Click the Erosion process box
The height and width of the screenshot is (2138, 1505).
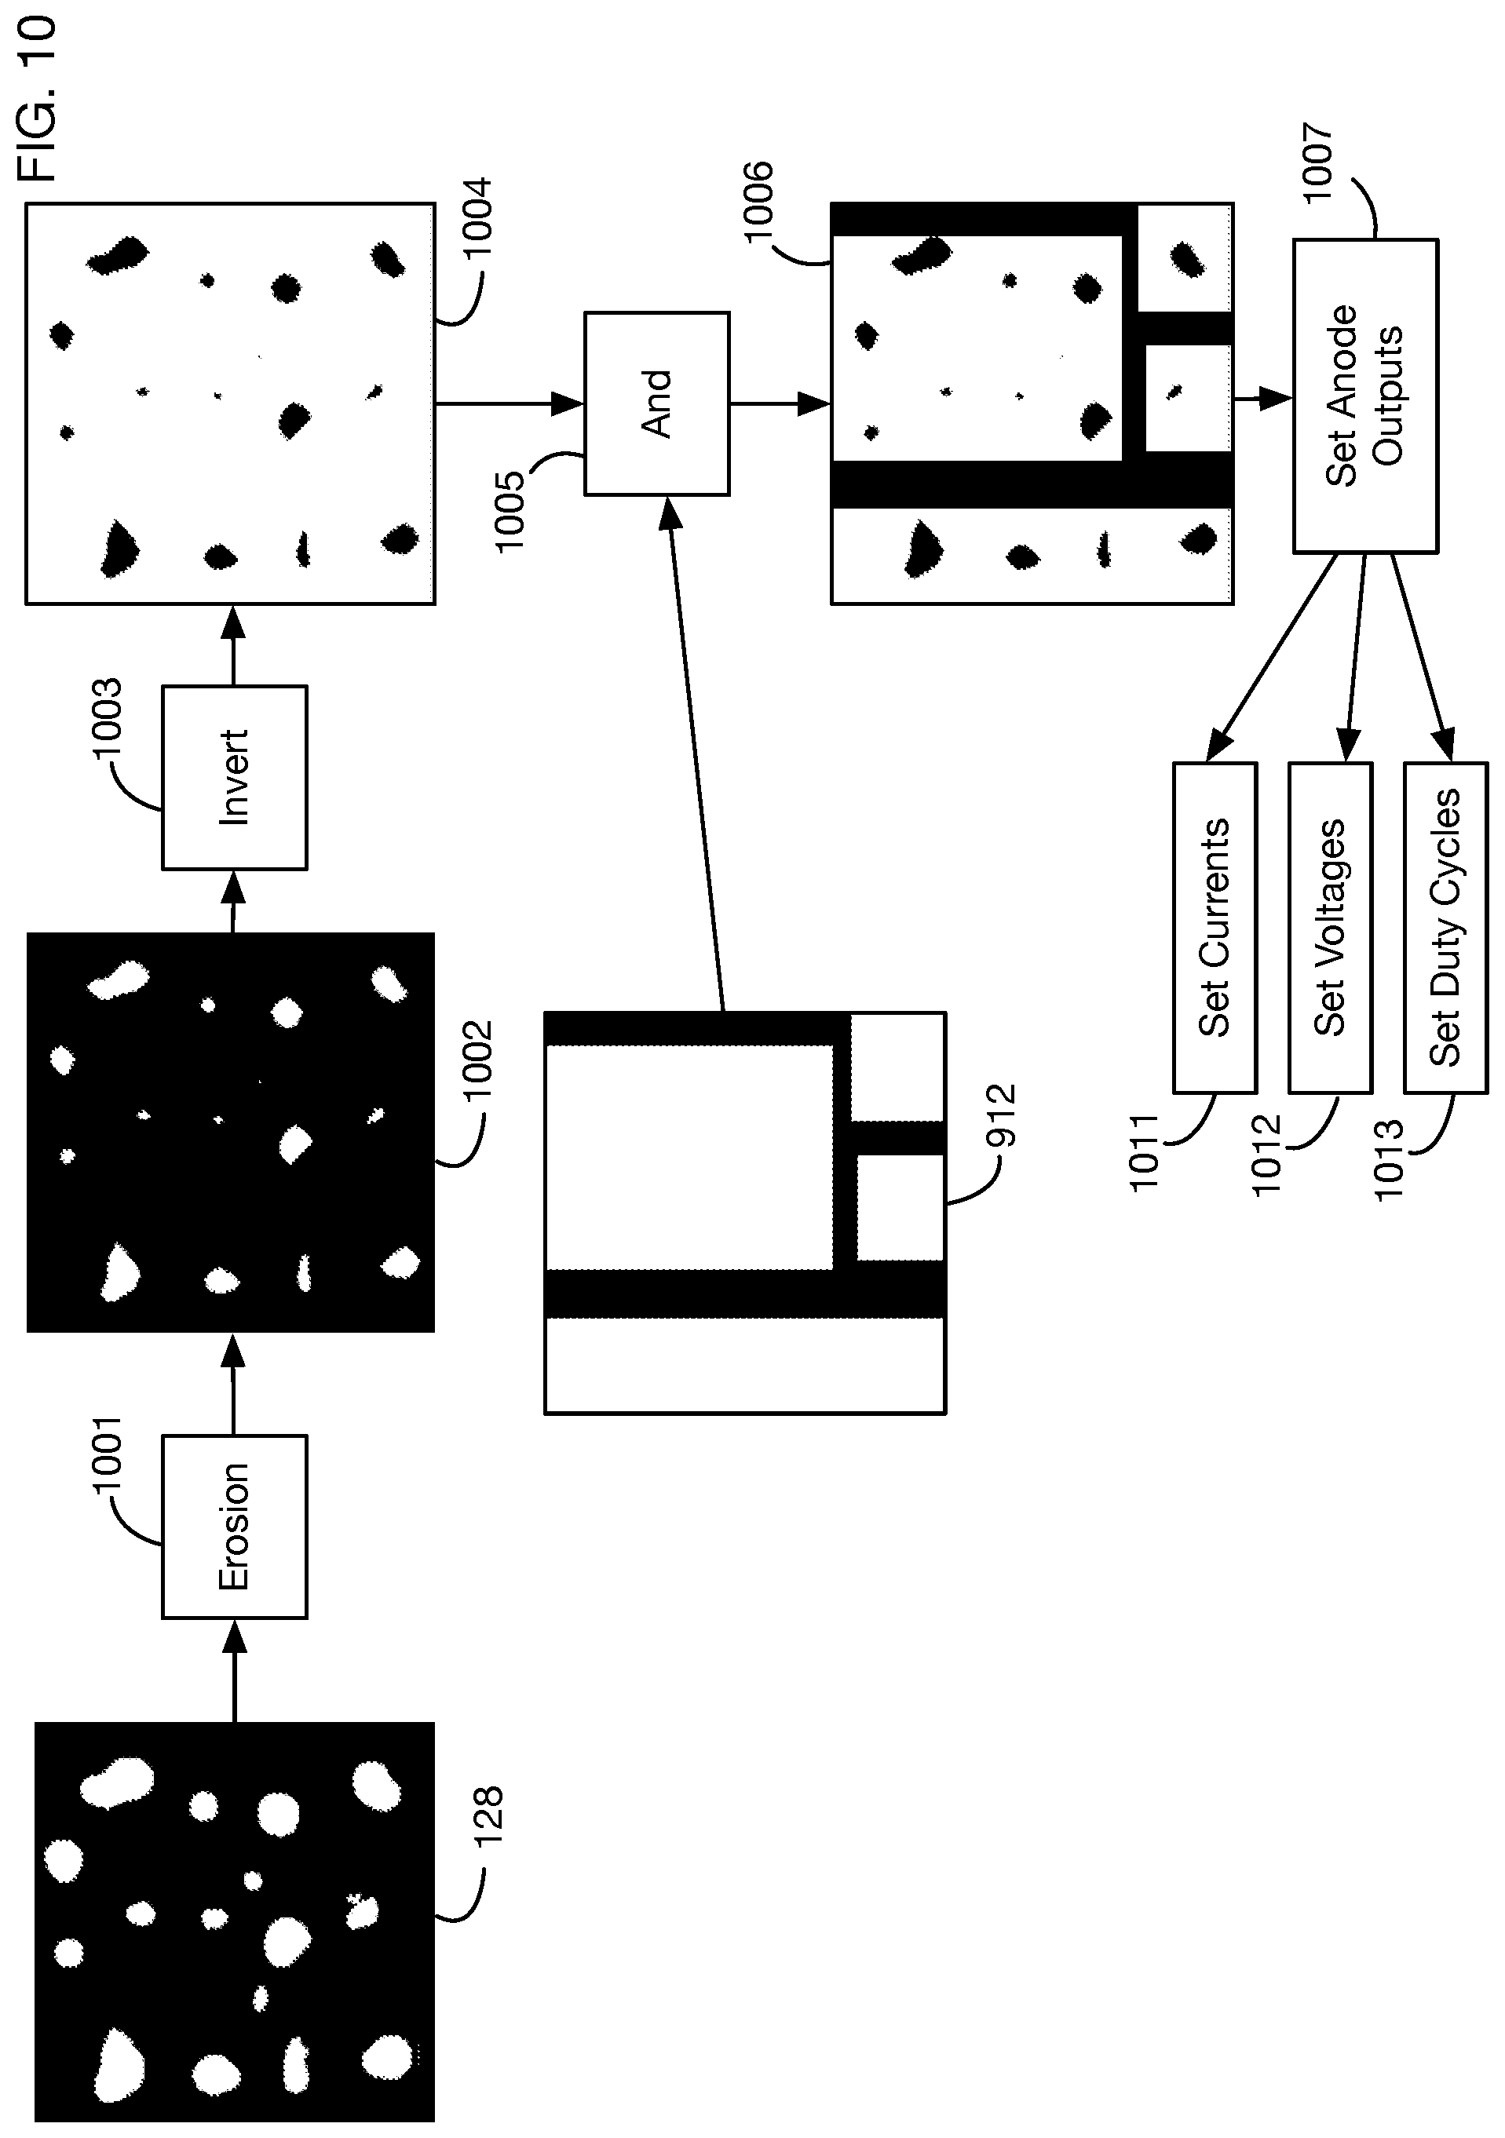[x=235, y=1527]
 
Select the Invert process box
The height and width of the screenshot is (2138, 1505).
[x=235, y=778]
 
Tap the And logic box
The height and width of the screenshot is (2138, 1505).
[x=656, y=403]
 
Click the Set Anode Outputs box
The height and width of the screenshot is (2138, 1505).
[x=1365, y=396]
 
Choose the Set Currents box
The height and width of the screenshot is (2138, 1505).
[x=1215, y=928]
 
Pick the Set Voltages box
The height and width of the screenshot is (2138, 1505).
[x=1331, y=928]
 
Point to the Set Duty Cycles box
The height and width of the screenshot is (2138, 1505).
[x=1446, y=928]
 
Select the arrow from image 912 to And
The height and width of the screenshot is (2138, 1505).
[x=696, y=753]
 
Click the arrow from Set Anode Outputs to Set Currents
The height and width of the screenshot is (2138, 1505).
[x=1272, y=659]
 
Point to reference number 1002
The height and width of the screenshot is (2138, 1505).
[x=478, y=1062]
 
